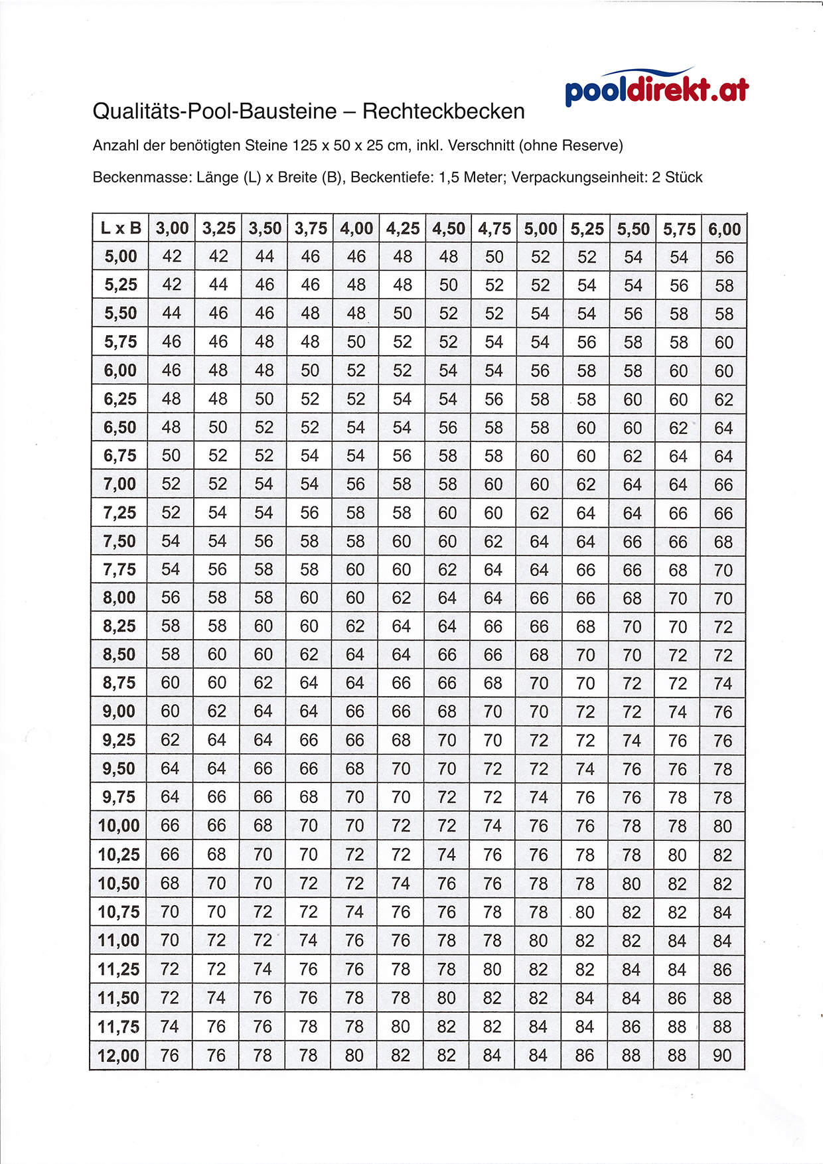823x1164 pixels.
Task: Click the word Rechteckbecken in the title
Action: (x=443, y=111)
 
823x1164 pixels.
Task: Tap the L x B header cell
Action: (x=121, y=229)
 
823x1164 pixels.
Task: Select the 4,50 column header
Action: (x=449, y=229)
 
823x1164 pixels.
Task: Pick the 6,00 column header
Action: (x=724, y=229)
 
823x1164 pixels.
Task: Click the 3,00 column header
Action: (x=172, y=229)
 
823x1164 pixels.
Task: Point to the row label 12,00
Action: (x=119, y=1055)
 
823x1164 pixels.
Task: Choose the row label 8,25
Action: (x=119, y=626)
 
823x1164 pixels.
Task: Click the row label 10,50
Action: (x=119, y=883)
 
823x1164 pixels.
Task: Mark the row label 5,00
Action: (x=121, y=257)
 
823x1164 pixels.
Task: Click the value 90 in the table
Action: (x=722, y=1055)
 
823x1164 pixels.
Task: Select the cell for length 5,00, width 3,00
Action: (x=172, y=257)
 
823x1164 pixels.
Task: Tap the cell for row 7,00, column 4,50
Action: (x=447, y=484)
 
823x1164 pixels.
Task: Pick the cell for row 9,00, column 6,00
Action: (x=723, y=712)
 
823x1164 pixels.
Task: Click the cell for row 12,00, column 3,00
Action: (x=170, y=1055)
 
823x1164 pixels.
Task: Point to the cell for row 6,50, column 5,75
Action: (x=678, y=428)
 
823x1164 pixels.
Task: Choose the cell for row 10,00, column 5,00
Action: (x=539, y=826)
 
